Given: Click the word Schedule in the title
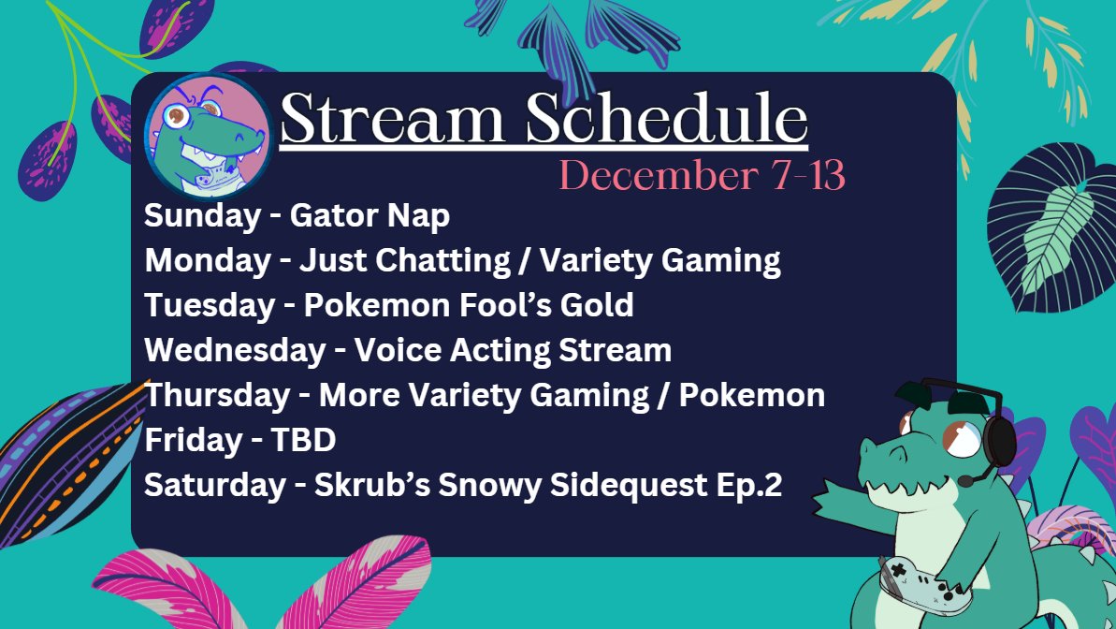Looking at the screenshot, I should click(666, 120).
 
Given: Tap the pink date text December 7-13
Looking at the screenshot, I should click(702, 176).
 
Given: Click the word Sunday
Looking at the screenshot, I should click(202, 216).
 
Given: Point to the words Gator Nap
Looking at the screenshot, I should click(370, 216).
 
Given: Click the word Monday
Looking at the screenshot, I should click(207, 260).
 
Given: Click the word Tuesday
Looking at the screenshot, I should click(208, 305).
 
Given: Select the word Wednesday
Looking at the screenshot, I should click(234, 350).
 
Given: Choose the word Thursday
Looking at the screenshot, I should click(217, 395).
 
